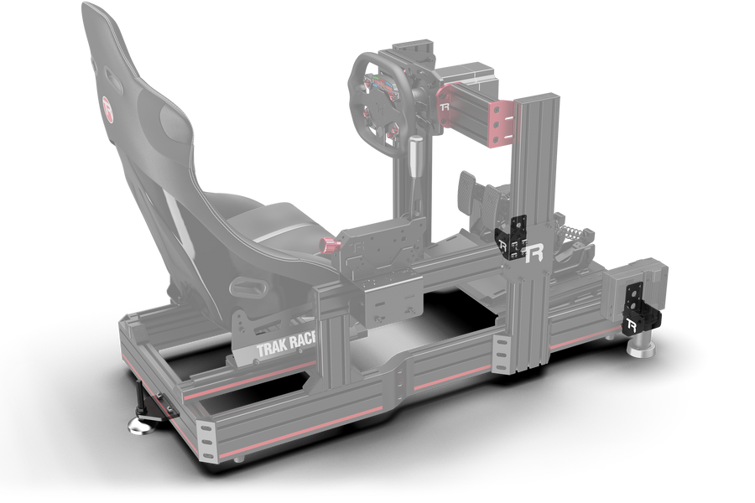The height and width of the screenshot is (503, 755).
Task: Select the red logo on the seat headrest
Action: tap(107, 106)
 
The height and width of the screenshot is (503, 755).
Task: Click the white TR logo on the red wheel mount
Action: tap(445, 111)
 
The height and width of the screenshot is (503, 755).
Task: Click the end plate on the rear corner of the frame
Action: tap(206, 440)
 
